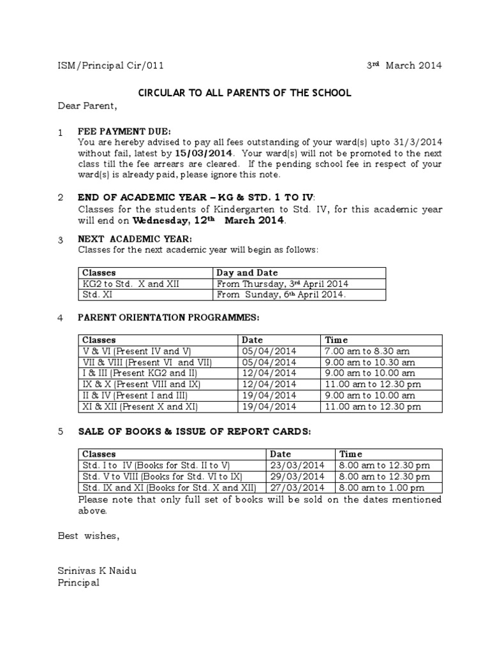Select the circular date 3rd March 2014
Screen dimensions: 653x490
coord(403,66)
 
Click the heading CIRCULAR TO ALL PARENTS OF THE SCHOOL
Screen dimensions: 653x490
coord(245,92)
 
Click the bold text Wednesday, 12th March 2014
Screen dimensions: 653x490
coord(209,221)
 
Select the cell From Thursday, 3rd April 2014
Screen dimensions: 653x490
coord(283,284)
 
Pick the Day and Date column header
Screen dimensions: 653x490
coord(248,272)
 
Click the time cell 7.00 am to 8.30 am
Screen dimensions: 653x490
coord(367,351)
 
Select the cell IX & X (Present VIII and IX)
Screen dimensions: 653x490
coord(141,383)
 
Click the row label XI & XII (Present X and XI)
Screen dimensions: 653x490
coord(140,406)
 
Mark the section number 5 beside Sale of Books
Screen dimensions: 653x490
coord(60,432)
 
